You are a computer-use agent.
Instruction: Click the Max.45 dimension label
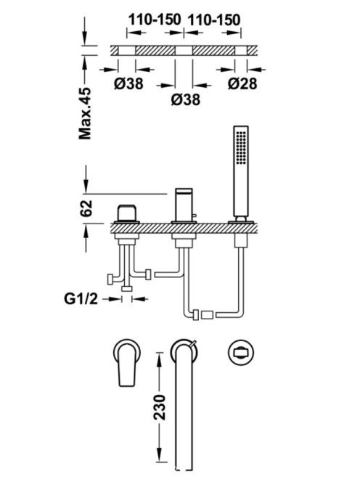tap(85, 113)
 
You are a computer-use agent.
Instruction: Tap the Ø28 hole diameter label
tap(242, 83)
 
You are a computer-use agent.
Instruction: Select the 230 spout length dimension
tap(160, 407)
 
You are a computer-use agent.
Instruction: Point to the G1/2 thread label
tap(81, 298)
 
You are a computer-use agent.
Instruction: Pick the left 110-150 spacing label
tap(155, 20)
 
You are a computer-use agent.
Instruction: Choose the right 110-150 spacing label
tap(214, 20)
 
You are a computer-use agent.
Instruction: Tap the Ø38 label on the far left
tap(128, 83)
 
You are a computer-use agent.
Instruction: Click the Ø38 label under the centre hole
tap(185, 99)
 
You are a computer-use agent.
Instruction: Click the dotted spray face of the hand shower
tap(241, 147)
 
